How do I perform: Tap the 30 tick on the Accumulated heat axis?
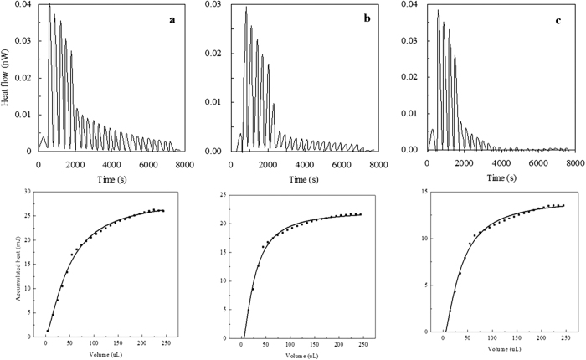(x=28, y=192)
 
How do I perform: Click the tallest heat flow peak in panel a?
(x=49, y=5)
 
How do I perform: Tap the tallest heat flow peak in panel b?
(x=246, y=8)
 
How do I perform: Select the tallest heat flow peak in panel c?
(x=438, y=10)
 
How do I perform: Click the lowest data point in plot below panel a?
(x=48, y=330)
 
